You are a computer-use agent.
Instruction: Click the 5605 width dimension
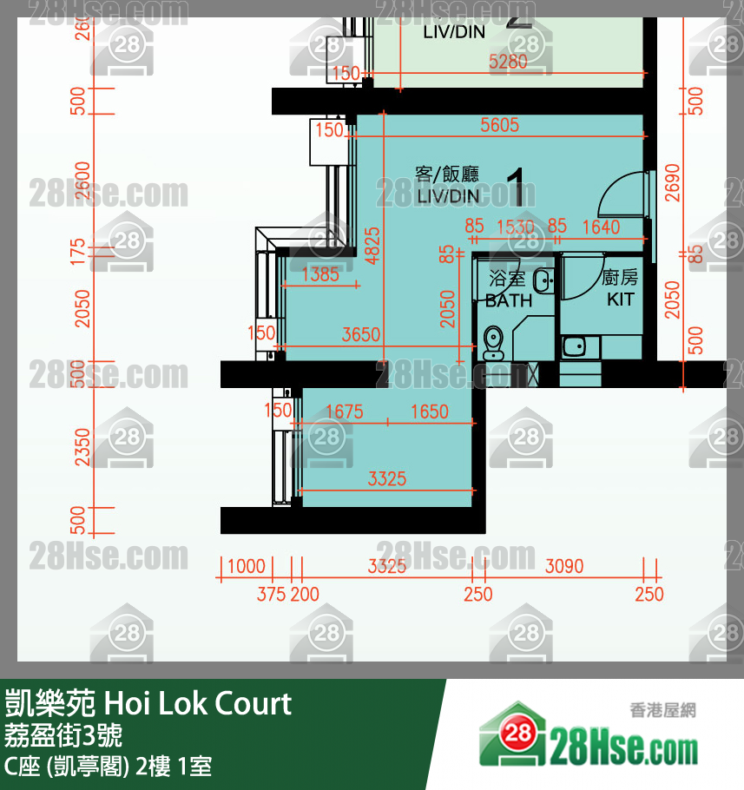pyautogui.click(x=499, y=126)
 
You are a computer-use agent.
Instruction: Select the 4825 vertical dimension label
pyautogui.click(x=371, y=245)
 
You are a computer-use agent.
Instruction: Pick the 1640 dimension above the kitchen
pyautogui.click(x=601, y=227)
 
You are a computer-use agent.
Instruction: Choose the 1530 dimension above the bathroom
pyautogui.click(x=515, y=227)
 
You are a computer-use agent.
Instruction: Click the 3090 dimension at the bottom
pyautogui.click(x=563, y=567)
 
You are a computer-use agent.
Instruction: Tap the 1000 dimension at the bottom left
pyautogui.click(x=246, y=567)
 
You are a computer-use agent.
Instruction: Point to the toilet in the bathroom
pyautogui.click(x=492, y=342)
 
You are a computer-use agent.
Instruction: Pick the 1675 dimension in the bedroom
pyautogui.click(x=344, y=411)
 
